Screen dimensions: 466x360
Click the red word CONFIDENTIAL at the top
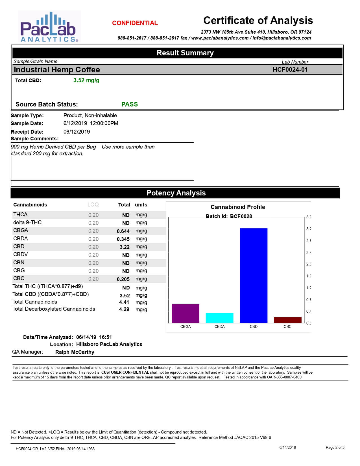(x=135, y=23)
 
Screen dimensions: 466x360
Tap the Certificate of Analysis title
(x=258, y=20)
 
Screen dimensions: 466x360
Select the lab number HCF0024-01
(x=290, y=69)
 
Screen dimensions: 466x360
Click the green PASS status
(x=130, y=104)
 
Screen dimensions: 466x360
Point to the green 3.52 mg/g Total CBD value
(x=86, y=80)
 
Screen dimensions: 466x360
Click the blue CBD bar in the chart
(x=254, y=275)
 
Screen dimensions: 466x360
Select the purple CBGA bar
(x=186, y=313)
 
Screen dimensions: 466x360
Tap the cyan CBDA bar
(x=219, y=318)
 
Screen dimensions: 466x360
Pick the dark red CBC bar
(x=287, y=320)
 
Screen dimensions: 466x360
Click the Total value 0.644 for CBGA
(x=123, y=231)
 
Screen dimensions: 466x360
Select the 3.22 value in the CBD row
(x=125, y=247)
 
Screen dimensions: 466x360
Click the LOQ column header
(x=93, y=205)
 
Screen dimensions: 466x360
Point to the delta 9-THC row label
(x=27, y=223)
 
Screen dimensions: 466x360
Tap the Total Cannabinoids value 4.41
(x=124, y=302)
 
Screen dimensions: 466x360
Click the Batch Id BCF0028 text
(x=229, y=216)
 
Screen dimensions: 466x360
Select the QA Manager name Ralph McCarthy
(x=75, y=352)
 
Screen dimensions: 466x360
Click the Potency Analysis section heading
(x=176, y=193)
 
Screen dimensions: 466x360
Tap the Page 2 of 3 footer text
(x=335, y=447)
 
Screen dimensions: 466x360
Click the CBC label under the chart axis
(x=287, y=326)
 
